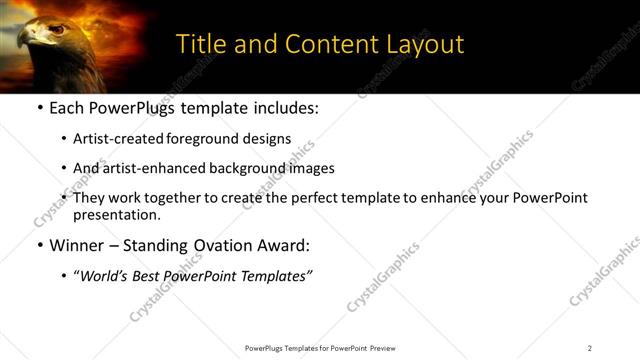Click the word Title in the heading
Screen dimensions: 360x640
[199, 44]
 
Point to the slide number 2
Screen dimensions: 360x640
[590, 348]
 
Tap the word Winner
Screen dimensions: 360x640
[78, 244]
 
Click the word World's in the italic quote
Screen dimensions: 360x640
[105, 275]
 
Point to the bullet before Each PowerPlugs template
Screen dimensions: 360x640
[38, 108]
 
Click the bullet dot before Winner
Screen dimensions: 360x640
[38, 245]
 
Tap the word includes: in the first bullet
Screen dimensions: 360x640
[285, 108]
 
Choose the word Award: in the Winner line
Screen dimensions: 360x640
[281, 244]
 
